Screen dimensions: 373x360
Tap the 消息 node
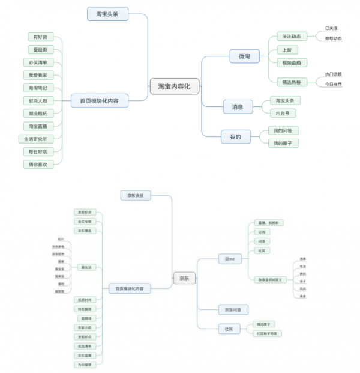click(x=237, y=107)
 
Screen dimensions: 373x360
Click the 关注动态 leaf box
click(x=292, y=37)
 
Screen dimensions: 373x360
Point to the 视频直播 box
click(x=292, y=62)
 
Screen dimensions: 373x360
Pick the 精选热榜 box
click(x=292, y=82)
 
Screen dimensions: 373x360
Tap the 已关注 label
click(x=331, y=28)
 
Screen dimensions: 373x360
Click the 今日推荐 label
click(x=333, y=85)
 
